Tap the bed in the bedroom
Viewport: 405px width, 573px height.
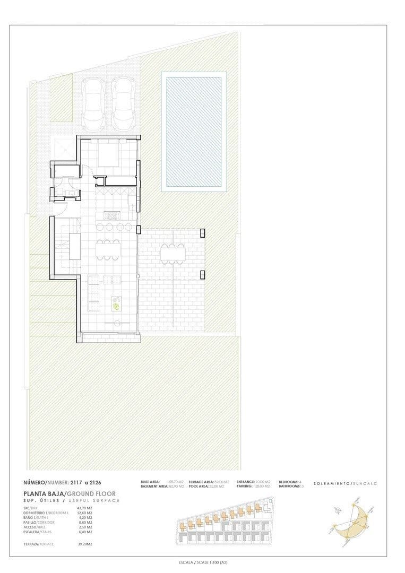point(109,155)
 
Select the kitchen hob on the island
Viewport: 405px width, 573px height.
point(113,215)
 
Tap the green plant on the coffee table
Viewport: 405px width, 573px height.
point(116,305)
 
